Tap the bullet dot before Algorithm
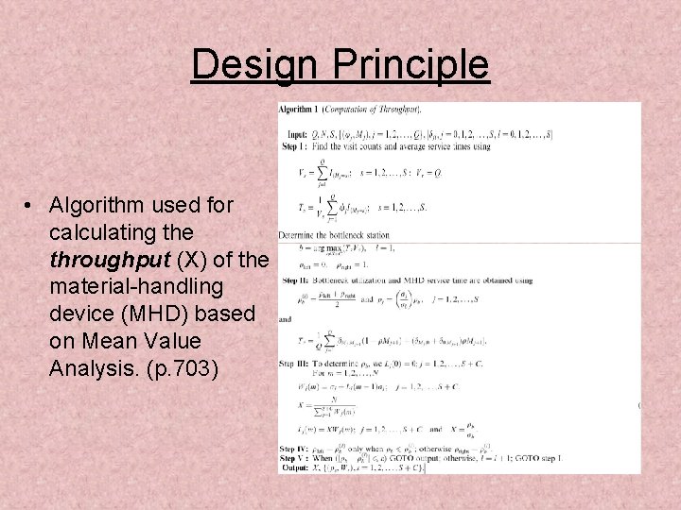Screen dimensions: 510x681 coord(31,206)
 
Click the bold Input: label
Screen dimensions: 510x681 coord(294,134)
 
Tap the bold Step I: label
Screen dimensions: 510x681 coord(294,145)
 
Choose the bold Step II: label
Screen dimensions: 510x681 coord(295,281)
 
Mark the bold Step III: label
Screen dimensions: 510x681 coord(296,363)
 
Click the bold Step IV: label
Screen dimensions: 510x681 coord(295,449)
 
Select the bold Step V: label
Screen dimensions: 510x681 coord(294,458)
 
